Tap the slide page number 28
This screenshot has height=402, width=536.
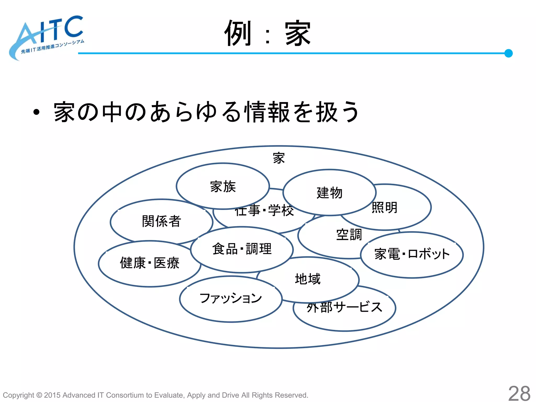519,393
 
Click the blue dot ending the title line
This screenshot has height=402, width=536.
508,53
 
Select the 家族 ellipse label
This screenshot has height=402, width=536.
223,187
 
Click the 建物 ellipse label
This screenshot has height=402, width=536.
330,193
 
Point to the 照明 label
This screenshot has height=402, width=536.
384,208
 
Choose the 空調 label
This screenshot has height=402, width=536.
349,234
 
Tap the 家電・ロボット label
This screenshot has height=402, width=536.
412,254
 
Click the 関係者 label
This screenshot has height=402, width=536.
161,221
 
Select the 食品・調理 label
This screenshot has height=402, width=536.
242,249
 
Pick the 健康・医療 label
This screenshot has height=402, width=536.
150,263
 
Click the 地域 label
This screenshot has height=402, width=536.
308,279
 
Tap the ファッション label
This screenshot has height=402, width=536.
231,298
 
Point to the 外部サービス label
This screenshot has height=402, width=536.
344,307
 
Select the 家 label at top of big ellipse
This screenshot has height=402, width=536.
279,158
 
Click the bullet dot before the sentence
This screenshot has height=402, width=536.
36,112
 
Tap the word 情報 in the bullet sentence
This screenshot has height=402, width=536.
267,112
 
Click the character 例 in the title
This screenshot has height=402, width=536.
238,33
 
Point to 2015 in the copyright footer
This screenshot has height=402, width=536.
52,395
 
